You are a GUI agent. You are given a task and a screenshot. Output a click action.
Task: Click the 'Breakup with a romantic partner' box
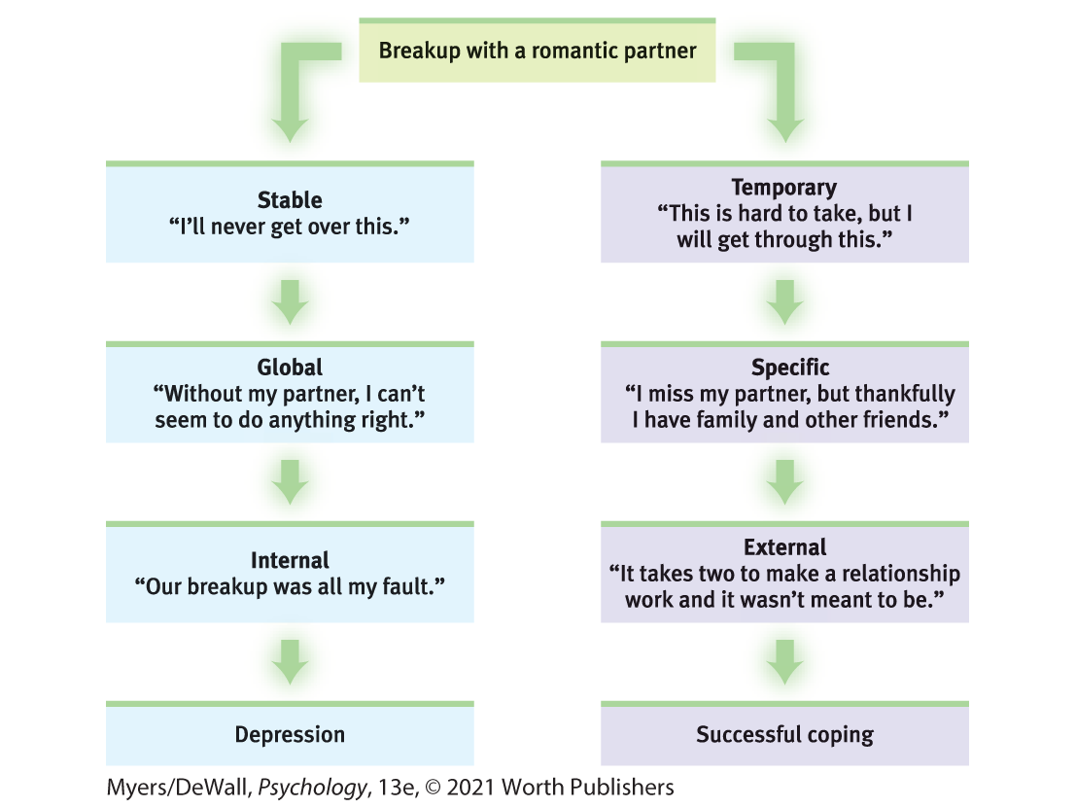(537, 51)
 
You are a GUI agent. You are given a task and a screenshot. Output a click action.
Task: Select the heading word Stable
(290, 199)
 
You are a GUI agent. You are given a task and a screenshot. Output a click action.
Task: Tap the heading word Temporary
(784, 188)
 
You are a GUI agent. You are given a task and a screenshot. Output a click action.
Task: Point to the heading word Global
(290, 368)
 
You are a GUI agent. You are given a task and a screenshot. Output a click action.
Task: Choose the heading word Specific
(790, 368)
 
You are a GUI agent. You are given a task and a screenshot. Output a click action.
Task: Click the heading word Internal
(290, 560)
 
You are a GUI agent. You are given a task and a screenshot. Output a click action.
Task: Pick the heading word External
(785, 547)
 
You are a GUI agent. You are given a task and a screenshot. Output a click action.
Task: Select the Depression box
(290, 733)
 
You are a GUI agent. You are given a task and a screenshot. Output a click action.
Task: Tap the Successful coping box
(784, 733)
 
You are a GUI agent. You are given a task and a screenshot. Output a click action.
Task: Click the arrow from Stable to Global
(290, 302)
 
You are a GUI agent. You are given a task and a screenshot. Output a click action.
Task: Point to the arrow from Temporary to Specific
(784, 302)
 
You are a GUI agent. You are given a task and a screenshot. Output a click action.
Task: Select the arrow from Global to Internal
(290, 482)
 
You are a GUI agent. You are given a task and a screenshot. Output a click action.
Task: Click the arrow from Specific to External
(784, 482)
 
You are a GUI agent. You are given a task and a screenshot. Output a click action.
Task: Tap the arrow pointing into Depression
(290, 662)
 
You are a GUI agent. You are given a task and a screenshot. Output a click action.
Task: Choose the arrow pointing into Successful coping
(784, 662)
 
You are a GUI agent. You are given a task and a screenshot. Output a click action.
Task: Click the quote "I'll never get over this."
(290, 227)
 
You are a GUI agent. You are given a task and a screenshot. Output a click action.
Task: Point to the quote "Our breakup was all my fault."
(290, 587)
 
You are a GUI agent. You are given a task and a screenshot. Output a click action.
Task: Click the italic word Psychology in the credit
(312, 788)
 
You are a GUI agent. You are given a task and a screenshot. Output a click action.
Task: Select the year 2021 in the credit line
(470, 787)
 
